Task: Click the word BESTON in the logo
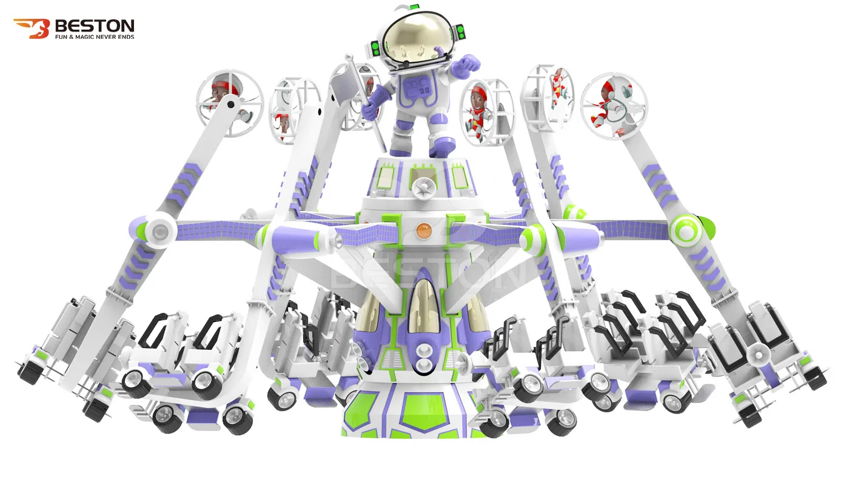pos(94,25)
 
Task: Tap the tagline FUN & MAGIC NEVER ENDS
pos(94,37)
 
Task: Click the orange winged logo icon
pos(30,28)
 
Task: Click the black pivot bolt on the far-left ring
pos(230,104)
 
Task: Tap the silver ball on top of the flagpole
pos(349,57)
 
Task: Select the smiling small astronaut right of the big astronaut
pos(478,109)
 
